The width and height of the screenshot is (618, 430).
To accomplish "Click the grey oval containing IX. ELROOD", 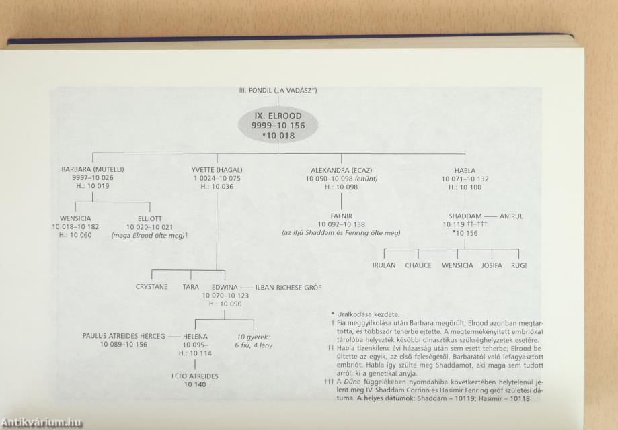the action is point(278,126).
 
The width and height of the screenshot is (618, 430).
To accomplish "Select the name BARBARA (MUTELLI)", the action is point(93,169).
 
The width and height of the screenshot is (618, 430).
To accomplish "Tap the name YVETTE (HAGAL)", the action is point(217,170).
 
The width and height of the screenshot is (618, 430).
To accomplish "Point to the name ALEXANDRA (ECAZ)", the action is point(342,171).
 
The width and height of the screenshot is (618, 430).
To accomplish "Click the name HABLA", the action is point(465,171).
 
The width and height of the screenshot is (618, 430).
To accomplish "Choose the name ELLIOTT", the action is point(150,218).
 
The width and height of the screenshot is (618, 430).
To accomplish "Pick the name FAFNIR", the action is point(342,216).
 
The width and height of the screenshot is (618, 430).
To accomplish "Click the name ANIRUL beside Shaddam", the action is point(511,216).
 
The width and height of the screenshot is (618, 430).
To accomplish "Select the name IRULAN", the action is point(384,265).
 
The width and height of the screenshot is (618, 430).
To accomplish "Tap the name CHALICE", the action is point(418,265).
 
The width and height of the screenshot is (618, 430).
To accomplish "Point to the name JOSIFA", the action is point(492,265).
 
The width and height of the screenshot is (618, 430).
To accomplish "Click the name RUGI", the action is point(518,265).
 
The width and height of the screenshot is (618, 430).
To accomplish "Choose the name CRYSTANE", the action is point(152,287).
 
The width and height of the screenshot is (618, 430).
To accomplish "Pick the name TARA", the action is point(191,287).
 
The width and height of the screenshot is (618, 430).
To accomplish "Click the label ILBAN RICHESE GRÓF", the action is point(288,288).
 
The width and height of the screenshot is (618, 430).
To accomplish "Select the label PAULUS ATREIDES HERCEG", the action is point(124,336).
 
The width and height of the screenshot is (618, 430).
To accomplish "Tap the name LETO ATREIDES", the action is point(195,376).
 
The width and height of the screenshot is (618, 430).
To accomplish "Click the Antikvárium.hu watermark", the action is point(42,423).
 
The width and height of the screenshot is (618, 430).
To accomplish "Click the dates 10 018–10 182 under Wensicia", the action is point(75,227).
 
